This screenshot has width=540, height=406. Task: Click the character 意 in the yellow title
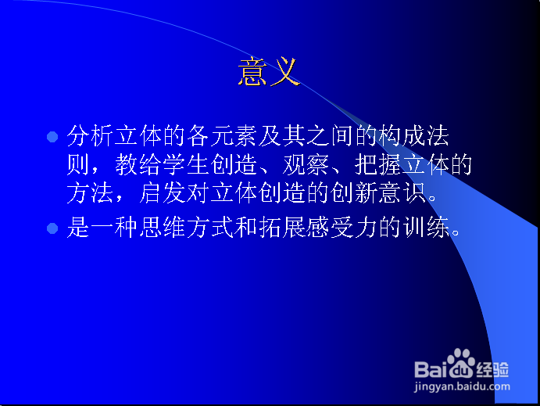pos(252,71)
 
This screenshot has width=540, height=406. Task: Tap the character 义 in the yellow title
pos(284,71)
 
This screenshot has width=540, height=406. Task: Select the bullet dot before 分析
pos(52,137)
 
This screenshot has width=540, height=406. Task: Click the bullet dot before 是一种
pos(52,228)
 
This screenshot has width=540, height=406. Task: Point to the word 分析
pos(90,135)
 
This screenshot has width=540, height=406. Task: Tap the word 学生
pos(186,164)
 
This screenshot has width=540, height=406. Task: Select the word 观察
pos(306,164)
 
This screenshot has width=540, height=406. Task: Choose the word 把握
pos(377,164)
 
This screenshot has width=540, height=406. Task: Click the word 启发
pos(163,192)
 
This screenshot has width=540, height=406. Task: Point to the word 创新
pos(354,192)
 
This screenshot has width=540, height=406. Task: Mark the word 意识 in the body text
pos(402,192)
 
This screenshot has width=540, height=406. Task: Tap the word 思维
pos(163,227)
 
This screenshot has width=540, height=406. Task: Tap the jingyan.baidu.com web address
pos(462,386)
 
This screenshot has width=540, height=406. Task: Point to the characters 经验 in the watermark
pos(493,370)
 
